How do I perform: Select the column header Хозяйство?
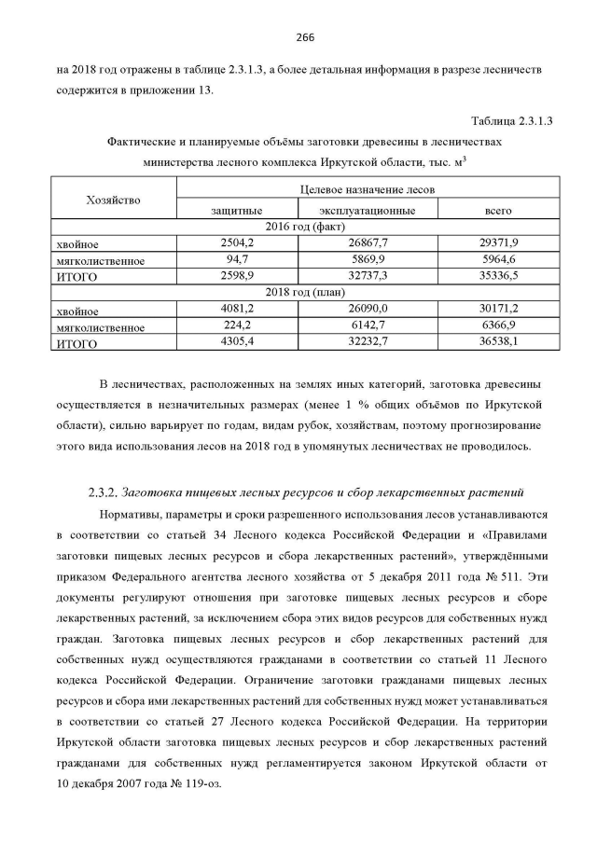tap(113, 200)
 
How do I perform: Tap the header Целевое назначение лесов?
tap(367, 189)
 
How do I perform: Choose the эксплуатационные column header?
tap(367, 211)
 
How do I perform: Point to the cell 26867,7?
tap(367, 242)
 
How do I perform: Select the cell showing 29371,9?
tap(498, 242)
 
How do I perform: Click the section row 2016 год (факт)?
tap(305, 227)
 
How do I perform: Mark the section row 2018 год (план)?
tap(305, 294)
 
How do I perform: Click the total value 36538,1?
tap(498, 342)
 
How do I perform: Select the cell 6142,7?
tap(367, 326)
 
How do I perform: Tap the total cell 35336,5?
tap(498, 276)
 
